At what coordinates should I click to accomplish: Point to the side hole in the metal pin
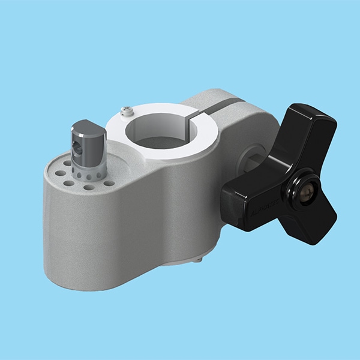pos(76,144)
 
